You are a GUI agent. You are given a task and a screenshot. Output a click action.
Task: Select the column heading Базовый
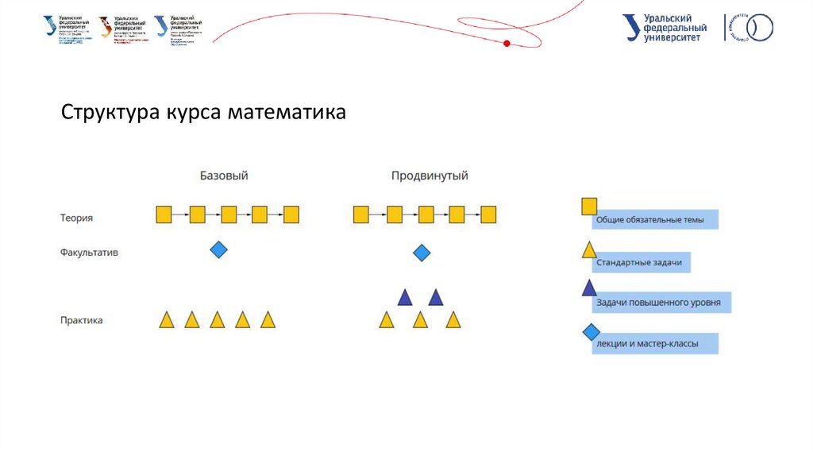(x=229, y=175)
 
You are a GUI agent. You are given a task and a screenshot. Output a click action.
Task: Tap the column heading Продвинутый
(x=430, y=175)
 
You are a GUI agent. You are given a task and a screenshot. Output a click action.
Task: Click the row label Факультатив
(x=89, y=253)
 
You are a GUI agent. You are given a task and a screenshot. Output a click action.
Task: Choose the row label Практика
(x=81, y=321)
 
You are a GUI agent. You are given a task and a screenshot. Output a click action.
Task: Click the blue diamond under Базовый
(x=218, y=250)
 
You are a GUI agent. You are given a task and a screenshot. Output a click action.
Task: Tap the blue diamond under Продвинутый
(x=422, y=253)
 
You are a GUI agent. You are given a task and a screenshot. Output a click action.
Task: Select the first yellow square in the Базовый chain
(x=164, y=214)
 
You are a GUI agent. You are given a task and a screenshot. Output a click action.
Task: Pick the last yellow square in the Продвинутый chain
(x=488, y=214)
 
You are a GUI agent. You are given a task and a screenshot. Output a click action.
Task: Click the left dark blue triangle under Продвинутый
(x=405, y=298)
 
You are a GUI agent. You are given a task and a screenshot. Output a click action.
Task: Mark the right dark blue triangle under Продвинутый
(x=435, y=298)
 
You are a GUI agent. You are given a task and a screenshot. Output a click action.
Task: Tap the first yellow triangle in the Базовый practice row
(x=167, y=320)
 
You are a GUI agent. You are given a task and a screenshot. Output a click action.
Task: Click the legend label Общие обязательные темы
(x=653, y=220)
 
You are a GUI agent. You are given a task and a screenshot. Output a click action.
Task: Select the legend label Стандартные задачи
(x=638, y=263)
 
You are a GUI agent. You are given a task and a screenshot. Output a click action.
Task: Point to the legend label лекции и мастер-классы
(x=653, y=344)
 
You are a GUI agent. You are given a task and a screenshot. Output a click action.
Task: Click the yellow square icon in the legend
(x=589, y=207)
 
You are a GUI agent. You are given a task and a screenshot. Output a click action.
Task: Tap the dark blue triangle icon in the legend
(x=589, y=288)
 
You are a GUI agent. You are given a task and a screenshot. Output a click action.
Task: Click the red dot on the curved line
(x=507, y=43)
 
